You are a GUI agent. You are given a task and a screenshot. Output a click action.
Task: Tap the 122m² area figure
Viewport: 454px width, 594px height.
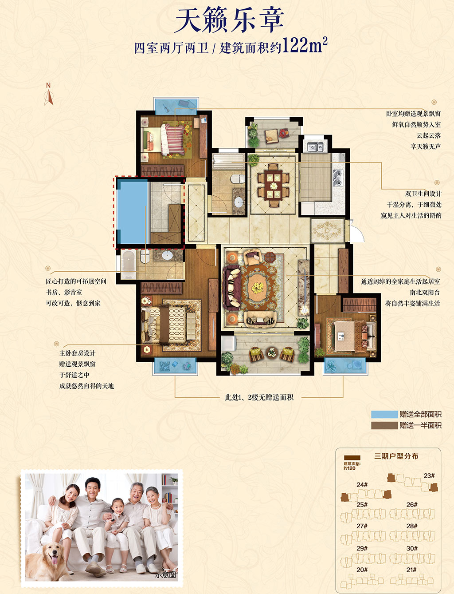coord(304,45)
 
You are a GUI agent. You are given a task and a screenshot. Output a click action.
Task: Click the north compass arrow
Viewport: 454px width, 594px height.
coord(49,97)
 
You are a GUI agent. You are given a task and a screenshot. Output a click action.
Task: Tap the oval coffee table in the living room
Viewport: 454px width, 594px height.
coord(258,288)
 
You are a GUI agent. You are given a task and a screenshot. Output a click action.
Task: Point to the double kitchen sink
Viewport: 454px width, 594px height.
coord(315,147)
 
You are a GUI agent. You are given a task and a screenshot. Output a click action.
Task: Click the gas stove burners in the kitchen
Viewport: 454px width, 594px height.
coord(338,178)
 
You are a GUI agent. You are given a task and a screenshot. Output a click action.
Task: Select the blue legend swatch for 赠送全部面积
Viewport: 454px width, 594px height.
coord(384,414)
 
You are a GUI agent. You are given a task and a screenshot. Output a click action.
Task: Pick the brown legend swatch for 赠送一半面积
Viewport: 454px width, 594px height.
coord(384,425)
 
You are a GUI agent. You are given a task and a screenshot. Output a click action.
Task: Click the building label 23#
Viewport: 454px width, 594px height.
coord(429,475)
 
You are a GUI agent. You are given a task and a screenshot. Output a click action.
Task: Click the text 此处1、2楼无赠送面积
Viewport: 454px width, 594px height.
coord(259,397)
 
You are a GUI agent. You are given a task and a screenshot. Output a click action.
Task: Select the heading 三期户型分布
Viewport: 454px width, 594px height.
coord(396,456)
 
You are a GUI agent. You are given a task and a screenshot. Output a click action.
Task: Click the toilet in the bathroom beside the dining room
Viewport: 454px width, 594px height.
coord(238,178)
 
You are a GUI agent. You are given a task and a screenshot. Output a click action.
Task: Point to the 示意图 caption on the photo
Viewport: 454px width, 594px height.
coord(165,574)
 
